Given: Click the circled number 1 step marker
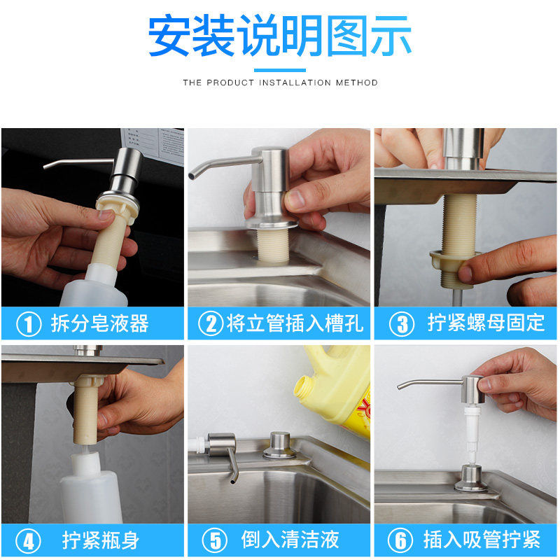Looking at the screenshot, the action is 29,324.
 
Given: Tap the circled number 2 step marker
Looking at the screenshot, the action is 211,323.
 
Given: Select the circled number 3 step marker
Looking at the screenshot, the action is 402,324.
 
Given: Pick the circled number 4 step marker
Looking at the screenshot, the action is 28,540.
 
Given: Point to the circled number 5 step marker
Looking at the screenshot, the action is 215,540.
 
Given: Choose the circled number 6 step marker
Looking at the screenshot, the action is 400,540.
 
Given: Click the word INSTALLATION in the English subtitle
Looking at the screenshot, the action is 295,83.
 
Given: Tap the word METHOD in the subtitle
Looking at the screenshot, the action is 356,83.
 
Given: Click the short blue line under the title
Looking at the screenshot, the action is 280,70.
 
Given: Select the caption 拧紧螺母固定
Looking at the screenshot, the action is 486,323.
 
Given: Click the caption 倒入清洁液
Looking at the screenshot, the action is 290,539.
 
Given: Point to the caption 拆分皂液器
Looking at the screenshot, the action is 99,323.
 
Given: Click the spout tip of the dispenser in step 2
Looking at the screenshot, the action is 192,176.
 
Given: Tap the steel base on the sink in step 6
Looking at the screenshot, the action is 471,479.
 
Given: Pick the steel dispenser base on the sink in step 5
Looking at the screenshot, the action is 279,445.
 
